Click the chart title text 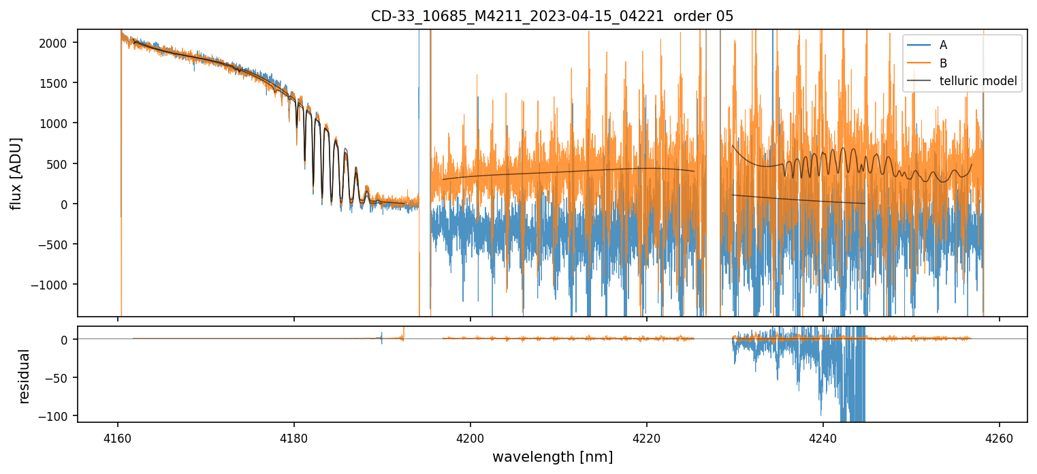click(x=552, y=16)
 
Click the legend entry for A click(x=943, y=45)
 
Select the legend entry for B click(x=943, y=63)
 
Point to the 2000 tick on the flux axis click(x=59, y=43)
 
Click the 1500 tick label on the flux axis click(x=59, y=83)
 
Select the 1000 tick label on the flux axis click(x=59, y=123)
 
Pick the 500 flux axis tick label click(x=63, y=163)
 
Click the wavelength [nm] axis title click(x=552, y=456)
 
